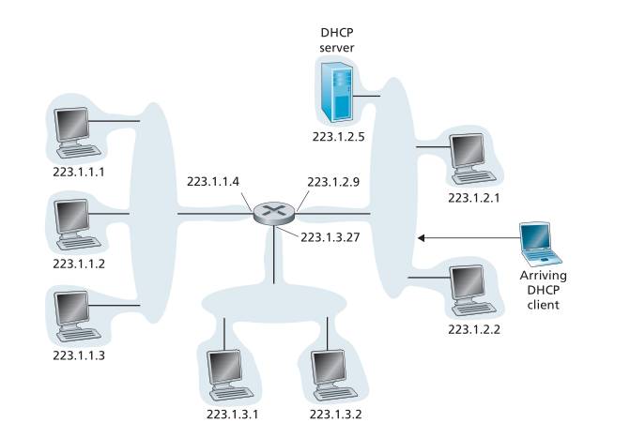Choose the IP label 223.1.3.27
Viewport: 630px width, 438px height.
pos(330,237)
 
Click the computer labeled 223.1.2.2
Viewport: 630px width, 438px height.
pos(470,289)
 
